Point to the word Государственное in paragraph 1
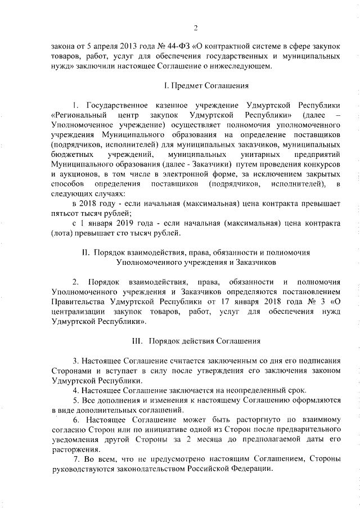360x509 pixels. point(118,105)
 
